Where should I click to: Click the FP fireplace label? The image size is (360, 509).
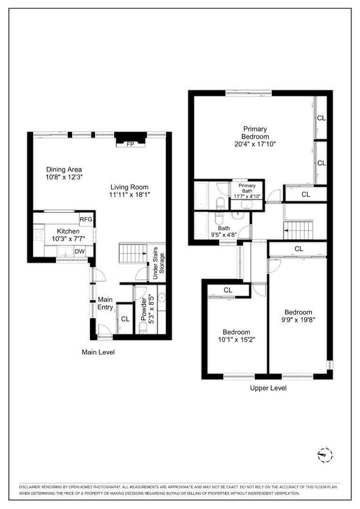(130, 145)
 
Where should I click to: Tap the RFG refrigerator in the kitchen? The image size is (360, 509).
(86, 219)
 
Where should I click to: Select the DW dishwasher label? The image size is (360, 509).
(80, 252)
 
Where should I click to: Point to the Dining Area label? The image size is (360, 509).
(64, 170)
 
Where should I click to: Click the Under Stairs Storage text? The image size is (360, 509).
(159, 263)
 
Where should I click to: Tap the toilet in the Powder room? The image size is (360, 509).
(143, 327)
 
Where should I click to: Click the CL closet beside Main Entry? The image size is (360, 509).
(125, 319)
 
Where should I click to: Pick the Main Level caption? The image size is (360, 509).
(98, 352)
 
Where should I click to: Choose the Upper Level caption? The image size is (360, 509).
(268, 388)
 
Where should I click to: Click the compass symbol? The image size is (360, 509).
(324, 455)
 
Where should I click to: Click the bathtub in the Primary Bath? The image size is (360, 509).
(201, 195)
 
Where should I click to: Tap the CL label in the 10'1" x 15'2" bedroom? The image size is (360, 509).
(228, 290)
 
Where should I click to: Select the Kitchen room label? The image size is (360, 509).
(68, 231)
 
